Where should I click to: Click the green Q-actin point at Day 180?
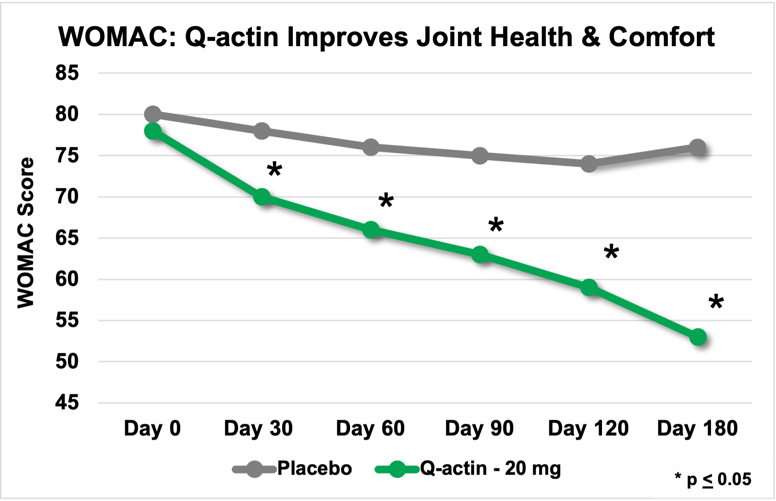click(698, 337)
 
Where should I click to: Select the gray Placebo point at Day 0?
click(153, 114)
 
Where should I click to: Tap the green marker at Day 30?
click(262, 197)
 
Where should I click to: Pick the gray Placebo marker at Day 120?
click(589, 164)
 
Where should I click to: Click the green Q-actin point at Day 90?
click(480, 255)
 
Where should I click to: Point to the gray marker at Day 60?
click(371, 147)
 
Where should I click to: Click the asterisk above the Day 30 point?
click(274, 169)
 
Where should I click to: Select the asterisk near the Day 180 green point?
click(716, 302)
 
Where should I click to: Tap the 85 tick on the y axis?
click(67, 73)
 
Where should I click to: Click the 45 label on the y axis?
click(67, 403)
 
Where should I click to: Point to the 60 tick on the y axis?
click(67, 279)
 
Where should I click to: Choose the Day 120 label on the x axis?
click(588, 428)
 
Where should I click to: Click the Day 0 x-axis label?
click(152, 428)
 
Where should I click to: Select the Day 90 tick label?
click(479, 428)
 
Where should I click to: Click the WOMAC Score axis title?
click(26, 233)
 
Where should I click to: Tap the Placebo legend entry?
click(314, 469)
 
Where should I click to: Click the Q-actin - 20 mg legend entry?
click(490, 469)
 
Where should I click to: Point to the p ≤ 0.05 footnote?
click(713, 479)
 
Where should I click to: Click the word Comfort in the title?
click(661, 37)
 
